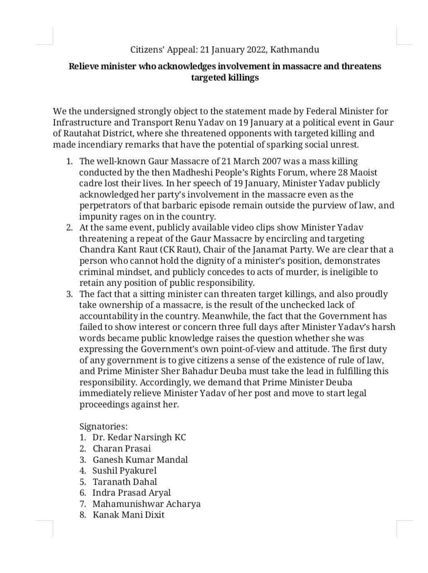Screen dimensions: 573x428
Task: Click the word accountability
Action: [107, 316]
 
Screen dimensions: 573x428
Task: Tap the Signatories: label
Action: [104, 426]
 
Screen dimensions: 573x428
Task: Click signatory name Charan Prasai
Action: [122, 448]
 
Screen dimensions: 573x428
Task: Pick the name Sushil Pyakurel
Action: [124, 471]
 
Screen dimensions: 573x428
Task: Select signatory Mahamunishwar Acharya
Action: [146, 504]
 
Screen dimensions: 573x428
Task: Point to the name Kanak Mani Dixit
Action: [128, 515]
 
